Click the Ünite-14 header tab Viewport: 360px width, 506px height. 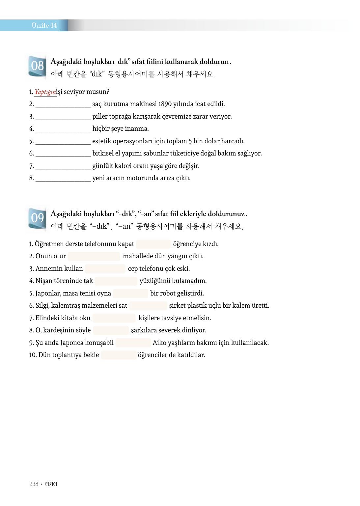(x=44, y=25)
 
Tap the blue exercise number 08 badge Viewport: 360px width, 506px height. (x=37, y=66)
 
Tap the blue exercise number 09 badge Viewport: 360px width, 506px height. (x=37, y=218)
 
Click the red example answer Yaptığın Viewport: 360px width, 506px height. (x=45, y=92)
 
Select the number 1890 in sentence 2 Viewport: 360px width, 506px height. (x=165, y=104)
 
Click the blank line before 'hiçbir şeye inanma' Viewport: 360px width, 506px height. (x=63, y=129)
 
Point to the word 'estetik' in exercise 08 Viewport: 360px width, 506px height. (x=101, y=141)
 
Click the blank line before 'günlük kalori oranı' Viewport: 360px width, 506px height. (x=63, y=166)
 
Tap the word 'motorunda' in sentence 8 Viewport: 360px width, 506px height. (x=142, y=178)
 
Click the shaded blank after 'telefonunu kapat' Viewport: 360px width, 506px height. (x=153, y=244)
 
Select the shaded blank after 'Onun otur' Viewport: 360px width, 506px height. (x=94, y=256)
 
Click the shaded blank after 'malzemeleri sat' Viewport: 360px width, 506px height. (x=148, y=306)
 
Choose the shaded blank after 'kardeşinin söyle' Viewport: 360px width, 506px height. (x=111, y=330)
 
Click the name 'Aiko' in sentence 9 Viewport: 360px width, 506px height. (x=159, y=343)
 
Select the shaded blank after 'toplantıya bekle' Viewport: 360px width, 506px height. (x=118, y=355)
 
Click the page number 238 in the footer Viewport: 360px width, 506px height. (x=34, y=484)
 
